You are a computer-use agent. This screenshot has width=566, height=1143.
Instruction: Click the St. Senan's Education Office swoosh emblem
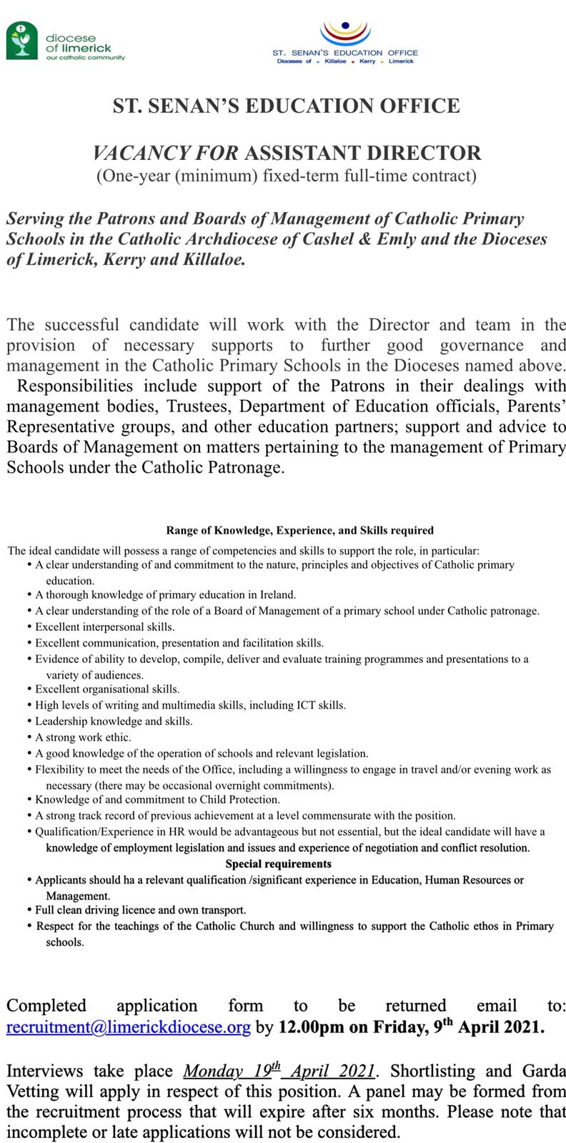tap(346, 32)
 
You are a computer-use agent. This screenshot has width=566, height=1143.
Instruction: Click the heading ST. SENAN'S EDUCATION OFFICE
tap(286, 106)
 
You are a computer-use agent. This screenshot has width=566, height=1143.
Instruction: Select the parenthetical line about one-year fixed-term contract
tap(286, 175)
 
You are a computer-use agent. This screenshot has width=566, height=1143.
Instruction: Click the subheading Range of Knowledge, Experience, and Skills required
tap(299, 531)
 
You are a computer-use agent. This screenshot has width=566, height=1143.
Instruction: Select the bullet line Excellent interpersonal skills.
tap(105, 627)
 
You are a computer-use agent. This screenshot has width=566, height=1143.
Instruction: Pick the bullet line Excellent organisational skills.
tap(107, 689)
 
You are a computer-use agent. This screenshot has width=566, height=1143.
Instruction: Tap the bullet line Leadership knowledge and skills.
tap(114, 721)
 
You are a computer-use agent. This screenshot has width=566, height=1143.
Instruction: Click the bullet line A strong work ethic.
tap(83, 737)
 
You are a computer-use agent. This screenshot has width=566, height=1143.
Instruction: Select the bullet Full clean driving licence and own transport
tap(141, 910)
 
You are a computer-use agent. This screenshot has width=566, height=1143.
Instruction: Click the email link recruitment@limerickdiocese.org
tap(129, 1028)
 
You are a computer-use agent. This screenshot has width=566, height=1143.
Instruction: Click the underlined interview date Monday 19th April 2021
tap(279, 1071)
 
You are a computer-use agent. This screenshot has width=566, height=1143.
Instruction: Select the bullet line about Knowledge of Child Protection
tap(157, 799)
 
